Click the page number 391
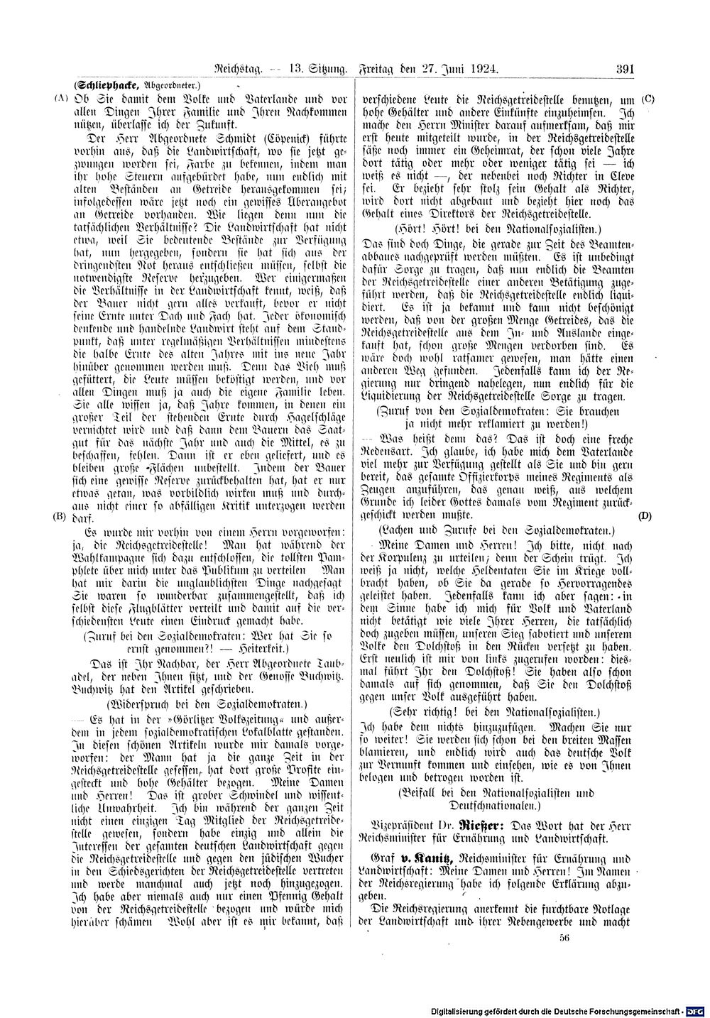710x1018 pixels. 625,70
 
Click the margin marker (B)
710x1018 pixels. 59,516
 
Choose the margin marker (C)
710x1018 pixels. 648,99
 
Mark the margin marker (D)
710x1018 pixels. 645,516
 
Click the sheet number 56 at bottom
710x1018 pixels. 565,938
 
